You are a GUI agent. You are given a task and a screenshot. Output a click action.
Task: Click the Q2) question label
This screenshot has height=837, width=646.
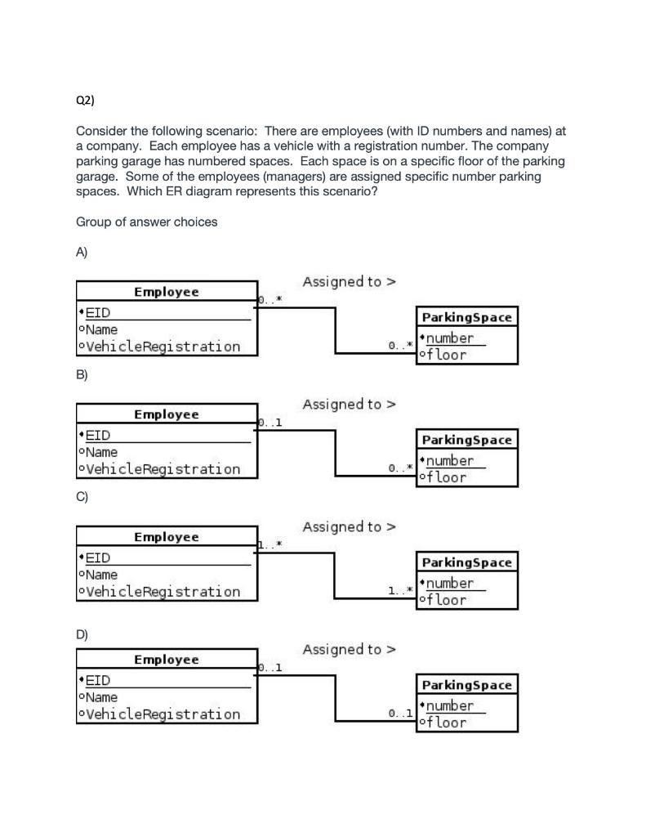[x=85, y=101]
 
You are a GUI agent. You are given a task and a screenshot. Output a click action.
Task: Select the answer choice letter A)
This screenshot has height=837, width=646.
[x=82, y=253]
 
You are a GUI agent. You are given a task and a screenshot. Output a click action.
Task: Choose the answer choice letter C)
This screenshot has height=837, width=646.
[x=82, y=496]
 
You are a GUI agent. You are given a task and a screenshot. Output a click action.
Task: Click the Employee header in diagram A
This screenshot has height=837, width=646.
[x=166, y=292]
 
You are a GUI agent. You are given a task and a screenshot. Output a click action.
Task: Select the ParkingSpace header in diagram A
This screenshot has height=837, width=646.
[x=466, y=317]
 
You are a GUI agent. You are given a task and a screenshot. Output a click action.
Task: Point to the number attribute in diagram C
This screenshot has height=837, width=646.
[x=448, y=583]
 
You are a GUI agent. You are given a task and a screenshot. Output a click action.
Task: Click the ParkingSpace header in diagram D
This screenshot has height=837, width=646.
[x=466, y=685]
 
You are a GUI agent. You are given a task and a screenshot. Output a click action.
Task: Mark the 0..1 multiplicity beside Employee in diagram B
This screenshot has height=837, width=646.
[x=270, y=423]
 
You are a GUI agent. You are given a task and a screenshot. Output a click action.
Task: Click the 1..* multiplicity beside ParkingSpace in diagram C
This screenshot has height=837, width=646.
[x=401, y=589]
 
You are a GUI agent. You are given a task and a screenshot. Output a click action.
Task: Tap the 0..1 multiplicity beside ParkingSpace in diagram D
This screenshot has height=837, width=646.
[x=401, y=714]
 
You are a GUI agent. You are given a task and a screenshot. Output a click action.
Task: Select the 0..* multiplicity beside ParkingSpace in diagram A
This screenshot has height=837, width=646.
[x=401, y=346]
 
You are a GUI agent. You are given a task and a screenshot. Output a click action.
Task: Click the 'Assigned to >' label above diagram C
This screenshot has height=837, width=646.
[x=349, y=527]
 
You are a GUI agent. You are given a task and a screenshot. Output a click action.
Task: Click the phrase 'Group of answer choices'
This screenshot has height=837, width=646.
[x=146, y=222]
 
